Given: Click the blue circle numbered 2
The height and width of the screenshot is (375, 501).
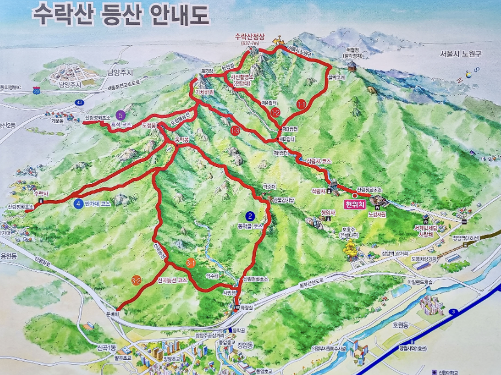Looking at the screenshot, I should [x=250, y=216].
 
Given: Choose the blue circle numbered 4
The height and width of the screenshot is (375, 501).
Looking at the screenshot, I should [x=78, y=204].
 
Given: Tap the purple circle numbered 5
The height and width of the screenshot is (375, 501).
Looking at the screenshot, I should [x=120, y=114].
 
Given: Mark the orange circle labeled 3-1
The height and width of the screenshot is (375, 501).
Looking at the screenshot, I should [x=190, y=263].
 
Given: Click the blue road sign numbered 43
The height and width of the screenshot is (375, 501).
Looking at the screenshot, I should [x=80, y=102].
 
